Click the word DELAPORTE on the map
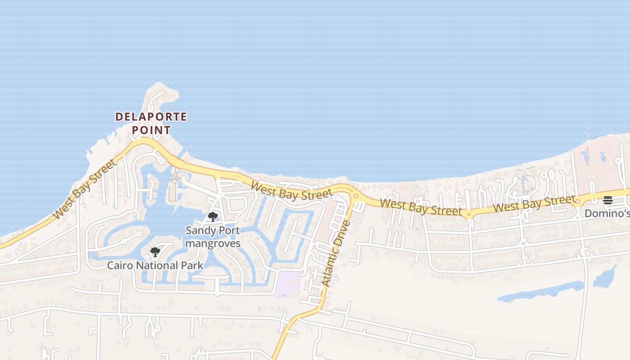[x=151, y=117]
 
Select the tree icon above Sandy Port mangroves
[x=213, y=217]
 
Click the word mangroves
[x=213, y=243]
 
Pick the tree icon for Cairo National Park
[x=155, y=252]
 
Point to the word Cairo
[x=120, y=265]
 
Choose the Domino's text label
[x=607, y=213]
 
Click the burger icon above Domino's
[x=608, y=200]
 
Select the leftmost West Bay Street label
[x=85, y=189]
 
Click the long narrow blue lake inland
[x=540, y=292]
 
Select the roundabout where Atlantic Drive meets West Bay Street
[x=355, y=196]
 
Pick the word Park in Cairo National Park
[x=193, y=265]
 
